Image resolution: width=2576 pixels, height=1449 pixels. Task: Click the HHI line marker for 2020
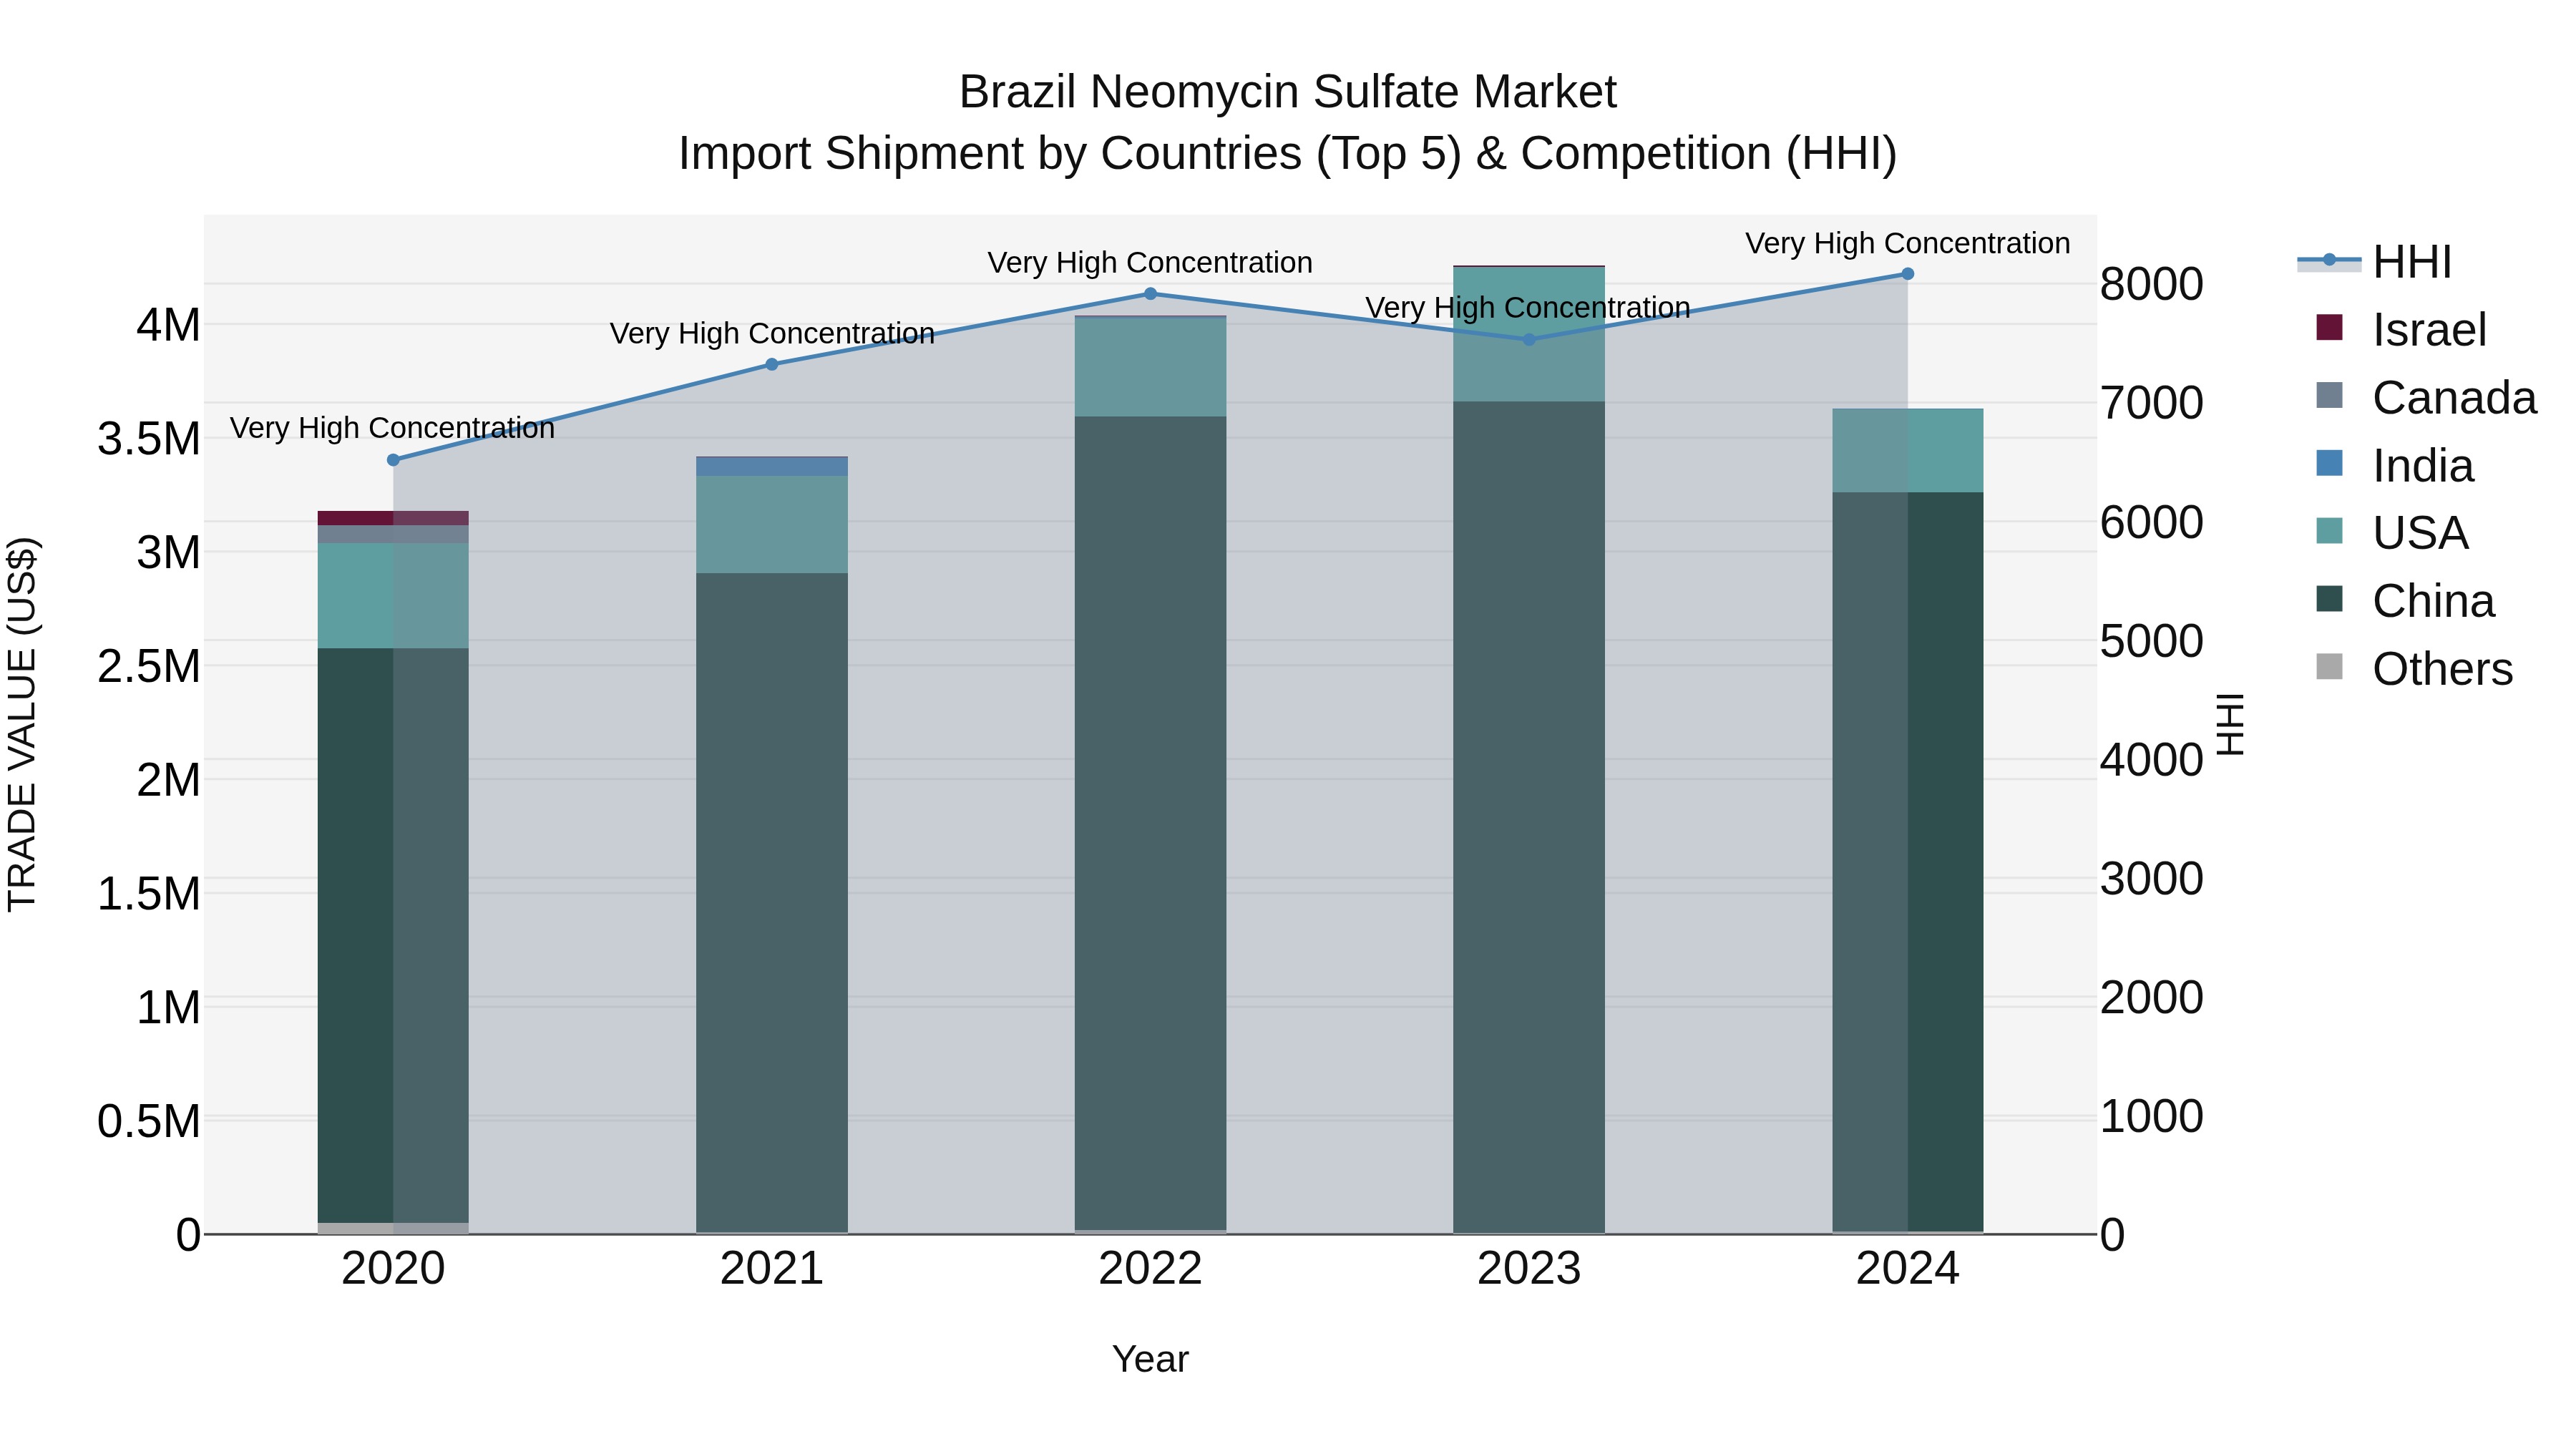pyautogui.click(x=393, y=460)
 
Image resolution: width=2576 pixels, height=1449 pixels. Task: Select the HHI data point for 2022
pyautogui.click(x=1150, y=294)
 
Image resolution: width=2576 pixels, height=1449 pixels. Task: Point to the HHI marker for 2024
pyautogui.click(x=1907, y=274)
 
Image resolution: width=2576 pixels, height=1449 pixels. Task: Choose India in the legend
pyautogui.click(x=2422, y=466)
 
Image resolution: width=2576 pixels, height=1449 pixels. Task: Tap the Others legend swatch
pyautogui.click(x=2330, y=667)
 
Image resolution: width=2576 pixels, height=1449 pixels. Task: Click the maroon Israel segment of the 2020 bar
pyautogui.click(x=393, y=518)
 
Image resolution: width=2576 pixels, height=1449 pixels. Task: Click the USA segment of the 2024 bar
pyautogui.click(x=1907, y=451)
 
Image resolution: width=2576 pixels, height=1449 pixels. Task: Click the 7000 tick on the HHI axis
pyautogui.click(x=2151, y=403)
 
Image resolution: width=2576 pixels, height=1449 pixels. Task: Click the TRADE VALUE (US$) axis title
pyautogui.click(x=22, y=724)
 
